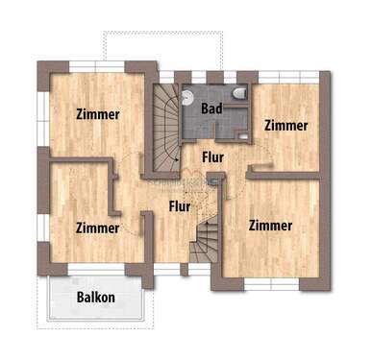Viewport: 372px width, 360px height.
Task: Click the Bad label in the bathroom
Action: [x=211, y=108]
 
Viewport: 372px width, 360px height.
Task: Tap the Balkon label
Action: [x=95, y=297]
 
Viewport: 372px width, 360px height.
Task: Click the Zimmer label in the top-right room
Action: [x=286, y=125]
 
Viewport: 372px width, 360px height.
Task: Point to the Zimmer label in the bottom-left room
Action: [x=97, y=228]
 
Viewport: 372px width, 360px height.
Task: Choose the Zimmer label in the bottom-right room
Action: [x=270, y=226]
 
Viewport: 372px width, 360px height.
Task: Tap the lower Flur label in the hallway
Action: [x=180, y=204]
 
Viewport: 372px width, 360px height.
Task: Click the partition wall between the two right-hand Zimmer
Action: [x=284, y=173]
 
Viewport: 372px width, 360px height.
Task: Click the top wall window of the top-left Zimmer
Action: [x=97, y=65]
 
